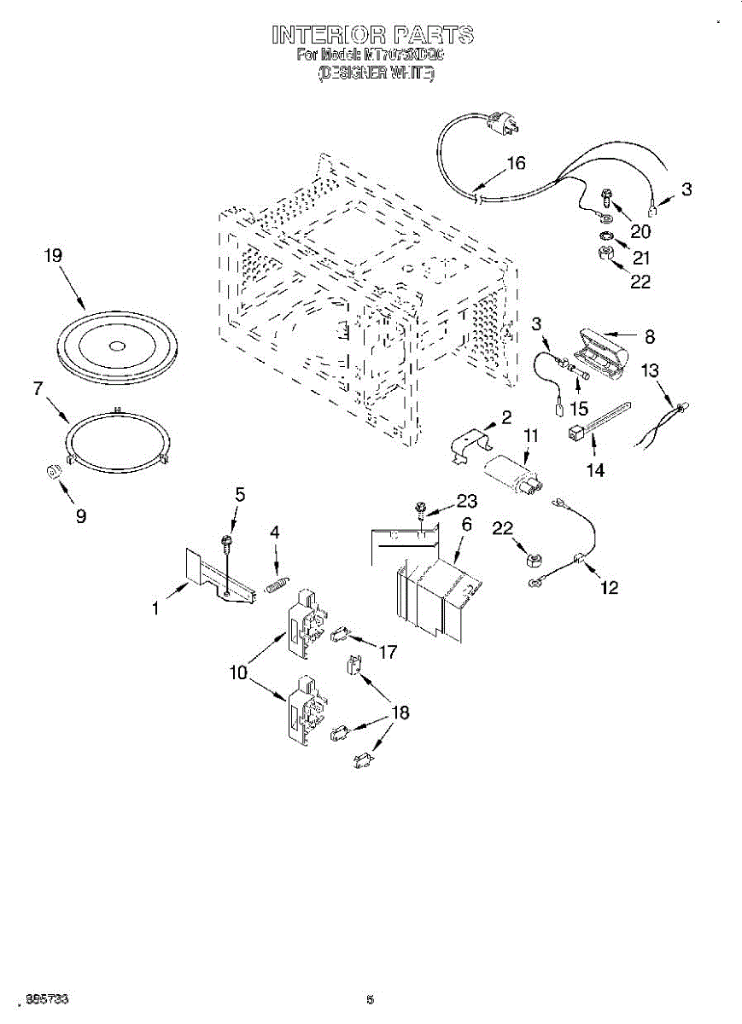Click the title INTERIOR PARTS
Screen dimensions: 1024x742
click(371, 35)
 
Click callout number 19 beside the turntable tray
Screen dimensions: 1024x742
click(53, 254)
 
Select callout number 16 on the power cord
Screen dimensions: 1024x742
click(516, 164)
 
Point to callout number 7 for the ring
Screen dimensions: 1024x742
click(38, 388)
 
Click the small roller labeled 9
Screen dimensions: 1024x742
click(54, 473)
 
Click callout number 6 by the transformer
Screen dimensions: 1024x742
click(466, 524)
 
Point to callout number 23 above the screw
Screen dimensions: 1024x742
click(466, 502)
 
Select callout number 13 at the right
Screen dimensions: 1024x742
click(651, 369)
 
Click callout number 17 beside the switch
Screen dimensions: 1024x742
click(388, 652)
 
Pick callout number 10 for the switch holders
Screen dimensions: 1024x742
click(237, 672)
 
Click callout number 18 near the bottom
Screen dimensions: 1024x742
click(400, 712)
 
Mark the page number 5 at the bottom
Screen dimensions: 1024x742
click(371, 999)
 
